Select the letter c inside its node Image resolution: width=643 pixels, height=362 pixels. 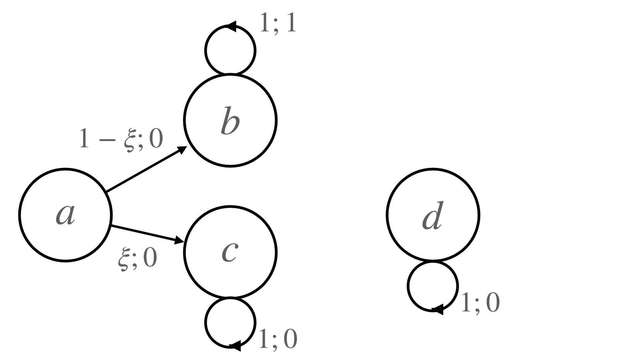tap(230, 252)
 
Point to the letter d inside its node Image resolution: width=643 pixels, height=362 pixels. tap(433, 215)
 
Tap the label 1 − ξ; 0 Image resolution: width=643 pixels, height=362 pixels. tap(121, 139)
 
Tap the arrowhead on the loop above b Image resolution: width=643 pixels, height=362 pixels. tap(231, 26)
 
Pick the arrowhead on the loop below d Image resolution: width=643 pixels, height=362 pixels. tap(437, 310)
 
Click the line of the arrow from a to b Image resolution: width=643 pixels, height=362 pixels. tap(143, 171)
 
